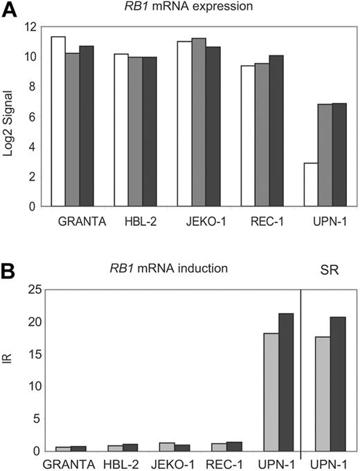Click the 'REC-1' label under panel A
coord(262,222)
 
